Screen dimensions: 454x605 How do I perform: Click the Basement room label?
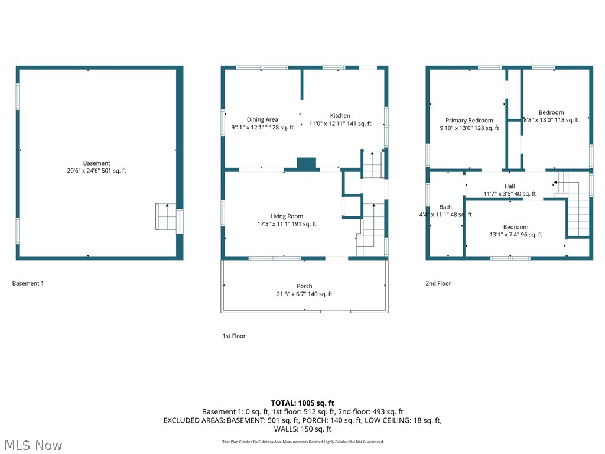coord(96,163)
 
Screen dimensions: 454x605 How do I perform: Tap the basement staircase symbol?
coord(166,217)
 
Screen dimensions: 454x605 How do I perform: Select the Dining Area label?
coord(262,119)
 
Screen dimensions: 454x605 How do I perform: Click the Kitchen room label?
coord(340,116)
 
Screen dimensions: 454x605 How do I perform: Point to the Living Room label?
coord(287,216)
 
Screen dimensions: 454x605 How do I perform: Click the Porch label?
coord(304,286)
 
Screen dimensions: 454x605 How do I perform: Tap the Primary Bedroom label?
coord(469,121)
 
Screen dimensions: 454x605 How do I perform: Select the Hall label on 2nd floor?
coord(509,186)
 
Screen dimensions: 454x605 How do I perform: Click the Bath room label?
coord(445,207)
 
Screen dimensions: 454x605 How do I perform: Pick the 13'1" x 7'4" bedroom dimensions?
coord(515,235)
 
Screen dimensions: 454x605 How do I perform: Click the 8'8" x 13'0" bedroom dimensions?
coord(551,120)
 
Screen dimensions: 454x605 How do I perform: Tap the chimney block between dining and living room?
coord(306,164)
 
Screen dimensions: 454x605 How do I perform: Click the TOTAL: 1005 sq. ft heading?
coord(302,403)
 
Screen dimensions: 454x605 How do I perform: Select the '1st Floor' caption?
coord(234,336)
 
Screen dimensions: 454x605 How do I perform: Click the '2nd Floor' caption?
coord(438,283)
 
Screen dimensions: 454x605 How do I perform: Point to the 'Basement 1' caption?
coord(28,283)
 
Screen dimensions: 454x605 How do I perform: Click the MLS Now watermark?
coord(32,445)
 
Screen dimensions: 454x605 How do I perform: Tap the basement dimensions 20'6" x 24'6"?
coord(96,171)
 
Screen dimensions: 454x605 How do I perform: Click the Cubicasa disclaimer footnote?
coord(302,442)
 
